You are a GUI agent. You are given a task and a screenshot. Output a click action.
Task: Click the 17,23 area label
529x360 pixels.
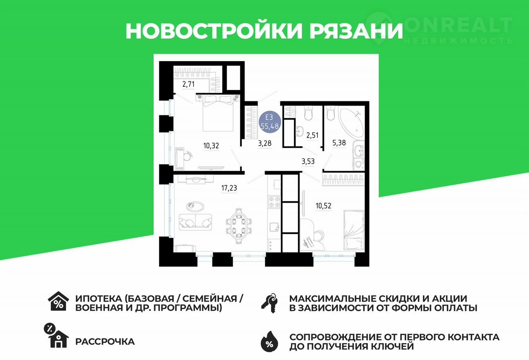(229, 188)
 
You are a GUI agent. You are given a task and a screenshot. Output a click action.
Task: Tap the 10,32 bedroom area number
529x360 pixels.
(211, 146)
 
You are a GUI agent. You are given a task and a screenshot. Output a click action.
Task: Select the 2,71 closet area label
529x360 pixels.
(188, 84)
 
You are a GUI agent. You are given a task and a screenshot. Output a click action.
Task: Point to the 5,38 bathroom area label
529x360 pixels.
(339, 143)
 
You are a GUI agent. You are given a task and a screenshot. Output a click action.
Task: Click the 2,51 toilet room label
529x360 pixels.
(312, 135)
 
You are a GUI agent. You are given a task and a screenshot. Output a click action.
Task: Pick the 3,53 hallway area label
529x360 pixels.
(308, 161)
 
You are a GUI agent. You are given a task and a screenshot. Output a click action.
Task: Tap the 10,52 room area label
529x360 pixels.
(323, 206)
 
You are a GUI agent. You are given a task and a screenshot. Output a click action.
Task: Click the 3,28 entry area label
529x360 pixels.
(265, 143)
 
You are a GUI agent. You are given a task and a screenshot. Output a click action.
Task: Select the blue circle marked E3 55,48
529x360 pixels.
(270, 122)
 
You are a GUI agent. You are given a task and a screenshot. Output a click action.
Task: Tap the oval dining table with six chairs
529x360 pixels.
(239, 226)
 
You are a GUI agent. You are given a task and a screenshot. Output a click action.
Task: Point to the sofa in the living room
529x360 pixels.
(195, 222)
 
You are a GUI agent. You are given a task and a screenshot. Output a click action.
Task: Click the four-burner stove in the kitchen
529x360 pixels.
(274, 202)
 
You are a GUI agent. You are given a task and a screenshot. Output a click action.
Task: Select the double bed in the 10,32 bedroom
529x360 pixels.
(218, 113)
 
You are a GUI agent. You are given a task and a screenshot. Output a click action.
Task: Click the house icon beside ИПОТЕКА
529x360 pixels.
(58, 301)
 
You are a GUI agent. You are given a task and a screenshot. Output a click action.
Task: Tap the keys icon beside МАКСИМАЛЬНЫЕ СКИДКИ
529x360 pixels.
(269, 303)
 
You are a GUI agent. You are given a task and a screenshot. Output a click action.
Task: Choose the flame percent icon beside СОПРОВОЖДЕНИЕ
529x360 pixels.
(269, 341)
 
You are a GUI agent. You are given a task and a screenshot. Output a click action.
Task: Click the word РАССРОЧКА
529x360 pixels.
(105, 341)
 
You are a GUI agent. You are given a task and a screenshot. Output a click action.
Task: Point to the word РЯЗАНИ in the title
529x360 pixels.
(356, 31)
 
